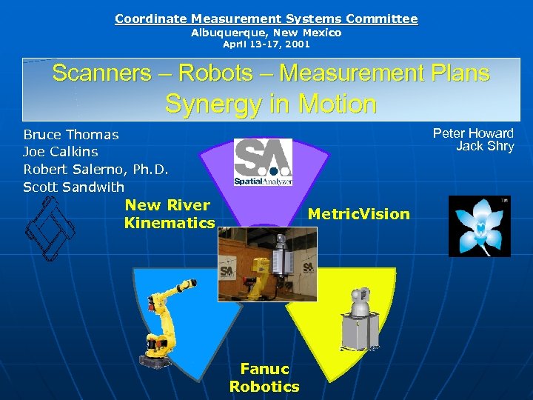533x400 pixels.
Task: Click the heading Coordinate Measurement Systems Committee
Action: [266, 19]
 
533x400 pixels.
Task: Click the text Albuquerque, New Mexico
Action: [266, 33]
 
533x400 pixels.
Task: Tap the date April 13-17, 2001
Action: [266, 44]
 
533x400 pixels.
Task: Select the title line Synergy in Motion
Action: [270, 104]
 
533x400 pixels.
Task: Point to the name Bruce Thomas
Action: [71, 135]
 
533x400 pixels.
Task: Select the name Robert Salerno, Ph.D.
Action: [96, 170]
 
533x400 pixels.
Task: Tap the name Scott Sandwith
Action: [74, 187]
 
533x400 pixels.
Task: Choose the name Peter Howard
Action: [473, 133]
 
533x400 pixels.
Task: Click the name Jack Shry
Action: [485, 146]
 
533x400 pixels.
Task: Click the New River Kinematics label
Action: [170, 214]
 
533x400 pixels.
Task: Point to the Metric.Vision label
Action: [358, 214]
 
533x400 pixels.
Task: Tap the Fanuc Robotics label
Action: [264, 378]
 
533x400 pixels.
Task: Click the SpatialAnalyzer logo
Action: [264, 162]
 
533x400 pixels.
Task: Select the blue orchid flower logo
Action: [480, 226]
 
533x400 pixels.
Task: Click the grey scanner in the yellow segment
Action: [361, 319]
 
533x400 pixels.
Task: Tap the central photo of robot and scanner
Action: [267, 264]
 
